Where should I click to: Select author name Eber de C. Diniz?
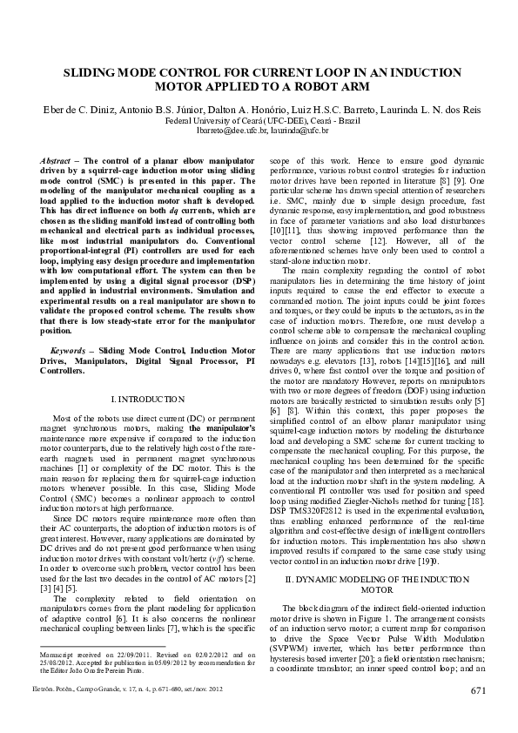[83, 111]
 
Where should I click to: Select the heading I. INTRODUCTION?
[145, 399]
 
